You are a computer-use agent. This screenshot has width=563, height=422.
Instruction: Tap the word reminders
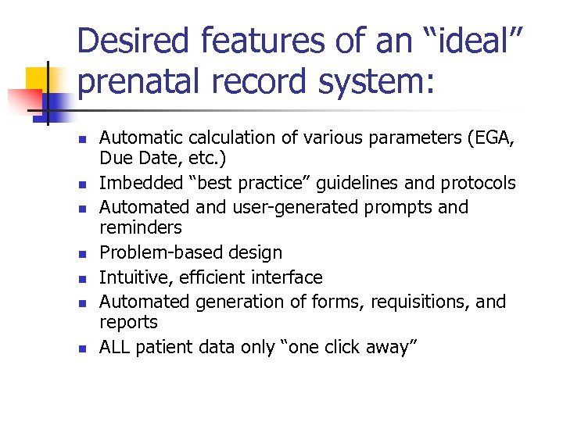click(x=140, y=227)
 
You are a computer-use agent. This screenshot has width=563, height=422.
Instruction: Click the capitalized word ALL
click(x=115, y=347)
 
